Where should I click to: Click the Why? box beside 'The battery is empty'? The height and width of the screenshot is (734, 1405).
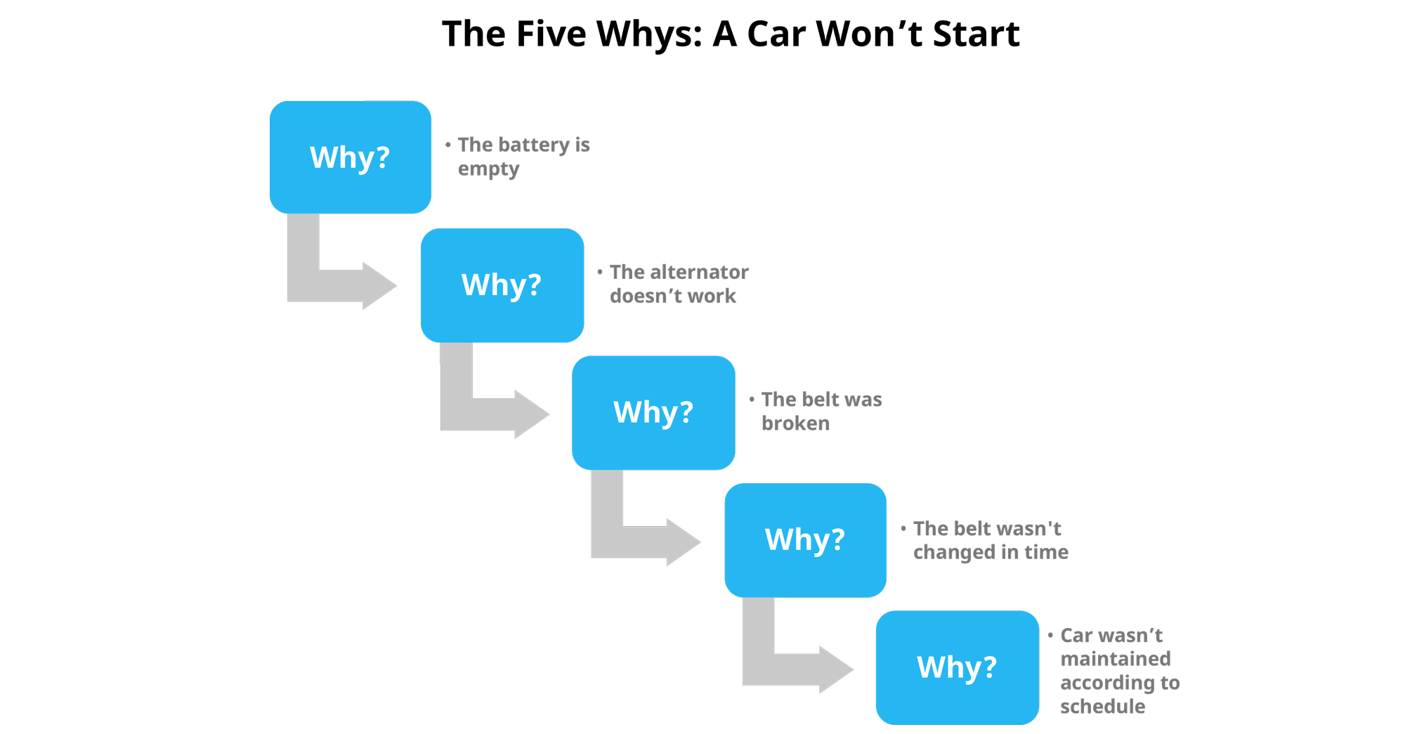(350, 157)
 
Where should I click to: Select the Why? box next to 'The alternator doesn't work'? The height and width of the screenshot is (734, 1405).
(502, 285)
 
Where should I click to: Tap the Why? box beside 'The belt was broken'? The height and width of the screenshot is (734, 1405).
(653, 412)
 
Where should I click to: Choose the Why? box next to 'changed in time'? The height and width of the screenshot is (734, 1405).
(805, 540)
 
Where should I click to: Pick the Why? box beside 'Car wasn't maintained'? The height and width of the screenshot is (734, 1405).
(957, 667)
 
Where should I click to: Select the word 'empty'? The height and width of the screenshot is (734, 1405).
(488, 170)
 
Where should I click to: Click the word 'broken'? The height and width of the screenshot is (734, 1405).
(795, 424)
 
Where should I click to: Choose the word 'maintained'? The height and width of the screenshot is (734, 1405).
(1115, 659)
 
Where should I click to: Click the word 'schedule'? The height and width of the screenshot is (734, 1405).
(1102, 707)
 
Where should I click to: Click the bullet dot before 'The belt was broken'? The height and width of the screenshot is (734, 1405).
(752, 399)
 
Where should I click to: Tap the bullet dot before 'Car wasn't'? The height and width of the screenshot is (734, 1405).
(1050, 635)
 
